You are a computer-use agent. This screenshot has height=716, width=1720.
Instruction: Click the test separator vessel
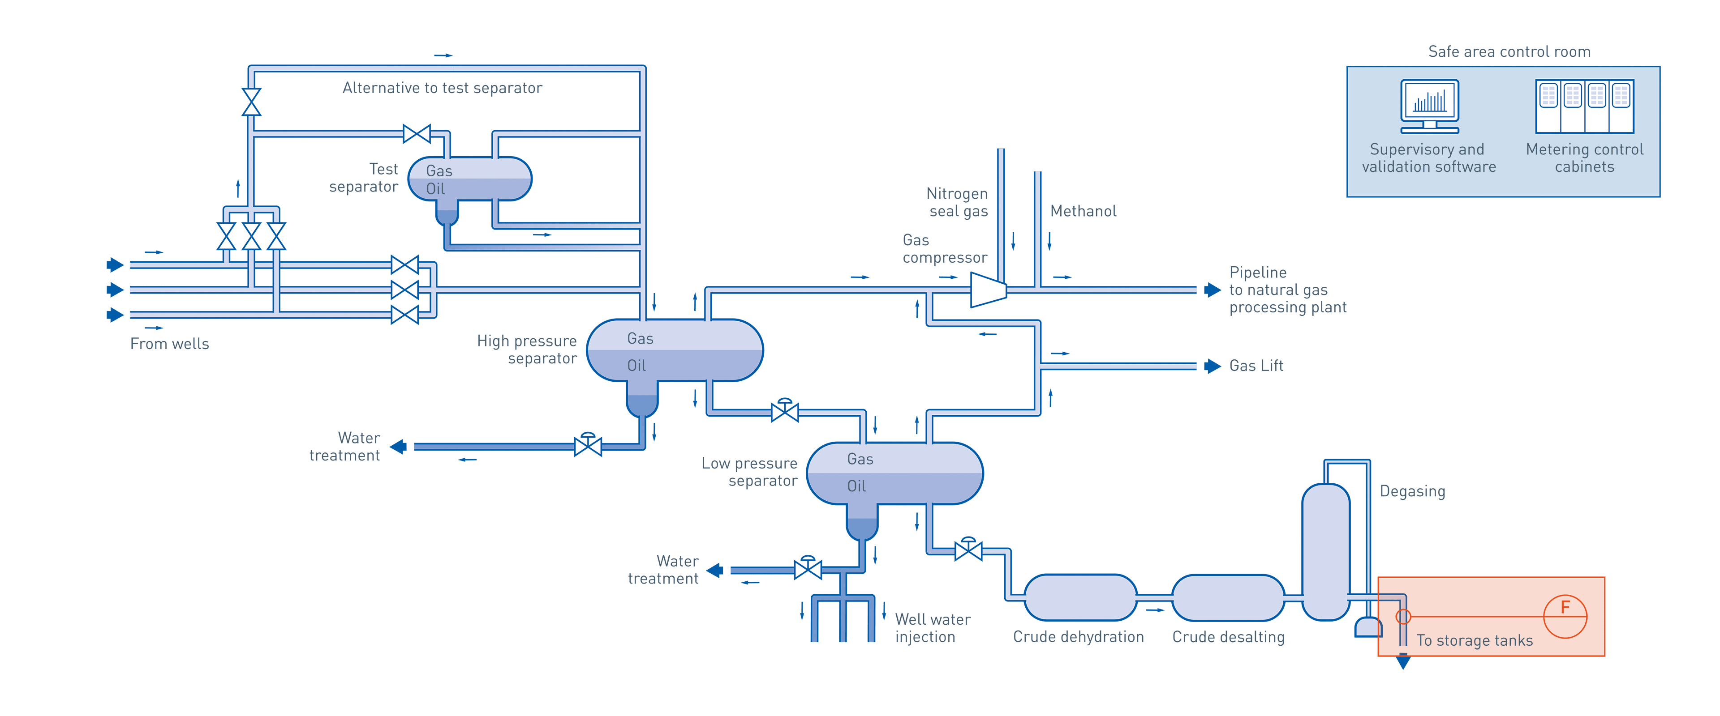[469, 179]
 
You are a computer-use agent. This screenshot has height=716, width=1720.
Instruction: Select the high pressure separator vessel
[675, 351]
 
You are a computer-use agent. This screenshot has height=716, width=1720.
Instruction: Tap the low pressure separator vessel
[895, 473]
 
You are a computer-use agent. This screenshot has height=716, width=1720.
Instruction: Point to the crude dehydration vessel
[1079, 597]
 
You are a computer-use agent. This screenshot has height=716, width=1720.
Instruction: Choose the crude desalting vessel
[1228, 597]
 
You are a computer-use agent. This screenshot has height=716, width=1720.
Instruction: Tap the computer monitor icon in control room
[1430, 106]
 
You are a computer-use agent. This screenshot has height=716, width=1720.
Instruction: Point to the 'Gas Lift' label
[1256, 366]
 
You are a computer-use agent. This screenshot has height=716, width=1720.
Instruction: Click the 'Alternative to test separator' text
[442, 88]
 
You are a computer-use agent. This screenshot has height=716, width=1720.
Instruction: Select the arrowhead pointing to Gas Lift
[1212, 366]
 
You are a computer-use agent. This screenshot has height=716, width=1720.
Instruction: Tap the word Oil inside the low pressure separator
[856, 486]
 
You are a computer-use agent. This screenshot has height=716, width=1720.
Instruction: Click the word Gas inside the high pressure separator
[640, 338]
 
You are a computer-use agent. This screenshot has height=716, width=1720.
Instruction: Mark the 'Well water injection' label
[932, 628]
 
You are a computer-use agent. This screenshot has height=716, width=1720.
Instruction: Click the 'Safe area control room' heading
[1508, 52]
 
